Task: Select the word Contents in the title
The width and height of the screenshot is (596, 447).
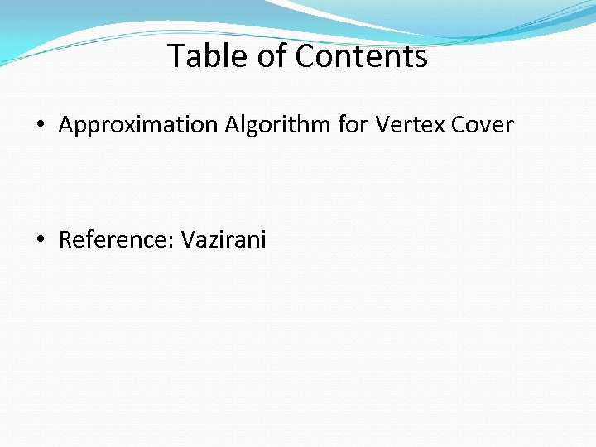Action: [x=362, y=56]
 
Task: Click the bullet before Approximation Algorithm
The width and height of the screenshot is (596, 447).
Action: [x=41, y=126]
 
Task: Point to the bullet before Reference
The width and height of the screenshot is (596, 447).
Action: [x=41, y=240]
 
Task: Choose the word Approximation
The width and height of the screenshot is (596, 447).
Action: [x=137, y=126]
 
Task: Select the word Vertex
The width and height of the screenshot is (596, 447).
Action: [x=410, y=126]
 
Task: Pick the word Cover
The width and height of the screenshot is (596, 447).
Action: [x=483, y=126]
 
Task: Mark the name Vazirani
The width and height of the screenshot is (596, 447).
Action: [x=223, y=240]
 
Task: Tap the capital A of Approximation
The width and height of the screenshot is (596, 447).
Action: [x=66, y=126]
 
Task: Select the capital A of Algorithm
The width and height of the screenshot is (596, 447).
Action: [x=230, y=126]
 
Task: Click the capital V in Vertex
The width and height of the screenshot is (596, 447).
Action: [x=382, y=126]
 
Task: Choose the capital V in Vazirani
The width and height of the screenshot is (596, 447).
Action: [x=188, y=240]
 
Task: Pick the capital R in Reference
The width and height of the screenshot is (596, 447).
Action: [x=65, y=240]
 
